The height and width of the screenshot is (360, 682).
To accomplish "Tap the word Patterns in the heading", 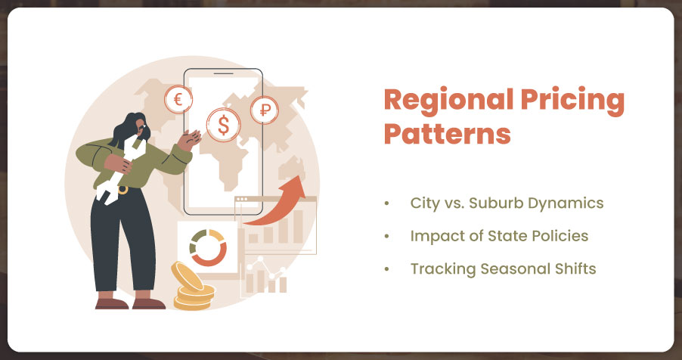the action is pos(448,134).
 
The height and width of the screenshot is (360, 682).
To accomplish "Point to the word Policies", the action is pos(564,236).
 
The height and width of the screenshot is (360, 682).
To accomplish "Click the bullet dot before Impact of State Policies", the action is pos(386,237).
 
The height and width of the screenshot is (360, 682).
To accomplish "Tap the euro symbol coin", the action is pos(178,100).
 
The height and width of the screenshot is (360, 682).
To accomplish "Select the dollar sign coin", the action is pos(223,125).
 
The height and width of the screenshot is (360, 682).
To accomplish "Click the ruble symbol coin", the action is pos(265,110).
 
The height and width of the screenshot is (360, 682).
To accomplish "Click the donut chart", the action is pos(208,248).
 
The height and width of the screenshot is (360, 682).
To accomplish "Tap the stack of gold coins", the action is pos(193,287).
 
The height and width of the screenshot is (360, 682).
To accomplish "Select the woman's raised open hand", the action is pos(190,139).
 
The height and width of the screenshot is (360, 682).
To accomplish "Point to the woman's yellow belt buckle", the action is pos(123,190).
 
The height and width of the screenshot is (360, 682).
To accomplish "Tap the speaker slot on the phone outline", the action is pos(224,74).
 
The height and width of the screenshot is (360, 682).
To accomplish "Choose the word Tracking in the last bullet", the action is pos(443,268).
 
